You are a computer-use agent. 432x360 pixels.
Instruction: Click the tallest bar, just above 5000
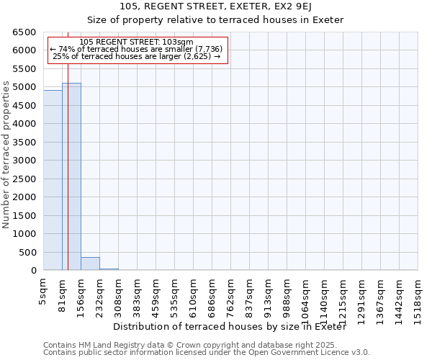click(x=71, y=176)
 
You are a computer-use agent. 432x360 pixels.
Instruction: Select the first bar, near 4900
click(x=53, y=180)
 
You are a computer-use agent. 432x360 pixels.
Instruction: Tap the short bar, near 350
click(x=90, y=264)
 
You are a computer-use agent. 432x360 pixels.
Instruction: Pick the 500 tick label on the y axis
click(x=27, y=252)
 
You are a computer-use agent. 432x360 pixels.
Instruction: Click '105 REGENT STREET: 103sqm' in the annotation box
click(x=136, y=42)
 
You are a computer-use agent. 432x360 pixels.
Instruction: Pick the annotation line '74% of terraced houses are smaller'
click(x=136, y=49)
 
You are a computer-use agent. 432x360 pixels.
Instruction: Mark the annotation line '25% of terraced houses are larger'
click(x=136, y=56)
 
